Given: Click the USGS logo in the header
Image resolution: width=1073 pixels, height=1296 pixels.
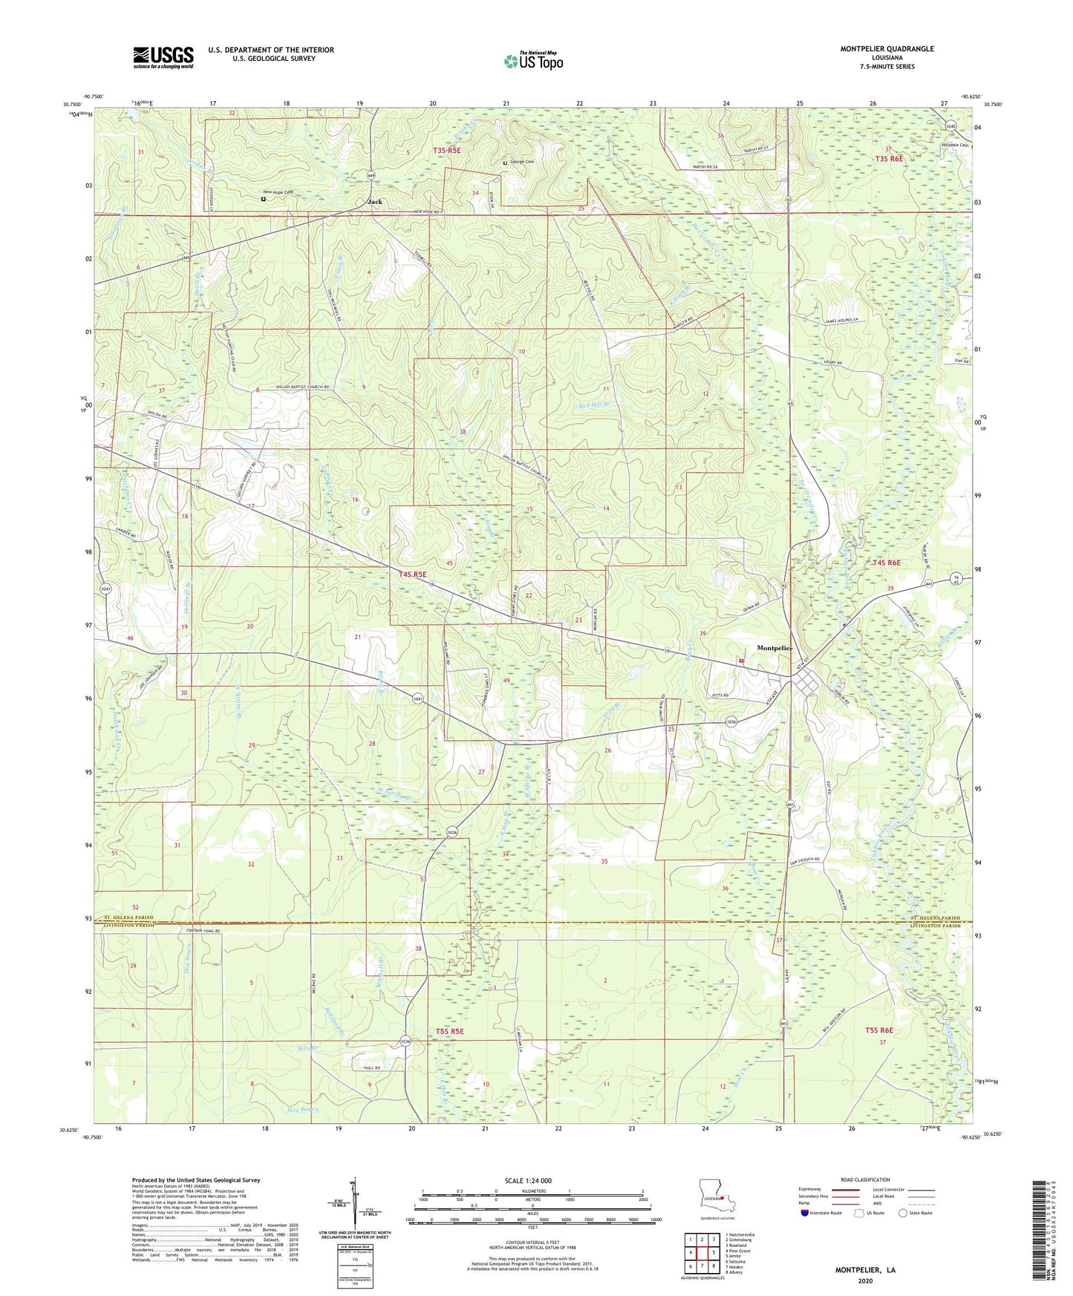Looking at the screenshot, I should (x=163, y=57).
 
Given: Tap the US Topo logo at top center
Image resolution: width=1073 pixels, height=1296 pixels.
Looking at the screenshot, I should (x=533, y=61).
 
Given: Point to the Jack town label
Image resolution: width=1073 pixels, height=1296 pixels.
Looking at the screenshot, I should (x=376, y=202).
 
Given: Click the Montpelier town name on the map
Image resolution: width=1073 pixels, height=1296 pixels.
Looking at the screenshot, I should (x=774, y=648).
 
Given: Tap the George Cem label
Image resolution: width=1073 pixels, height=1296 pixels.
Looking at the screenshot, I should (x=521, y=162).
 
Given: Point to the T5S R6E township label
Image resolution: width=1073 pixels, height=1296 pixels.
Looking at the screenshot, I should (x=878, y=1030).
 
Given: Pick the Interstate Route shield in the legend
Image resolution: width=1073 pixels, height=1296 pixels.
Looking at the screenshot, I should (x=805, y=1213).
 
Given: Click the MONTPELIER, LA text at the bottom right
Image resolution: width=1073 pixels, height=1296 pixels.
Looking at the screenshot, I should (x=865, y=1270).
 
